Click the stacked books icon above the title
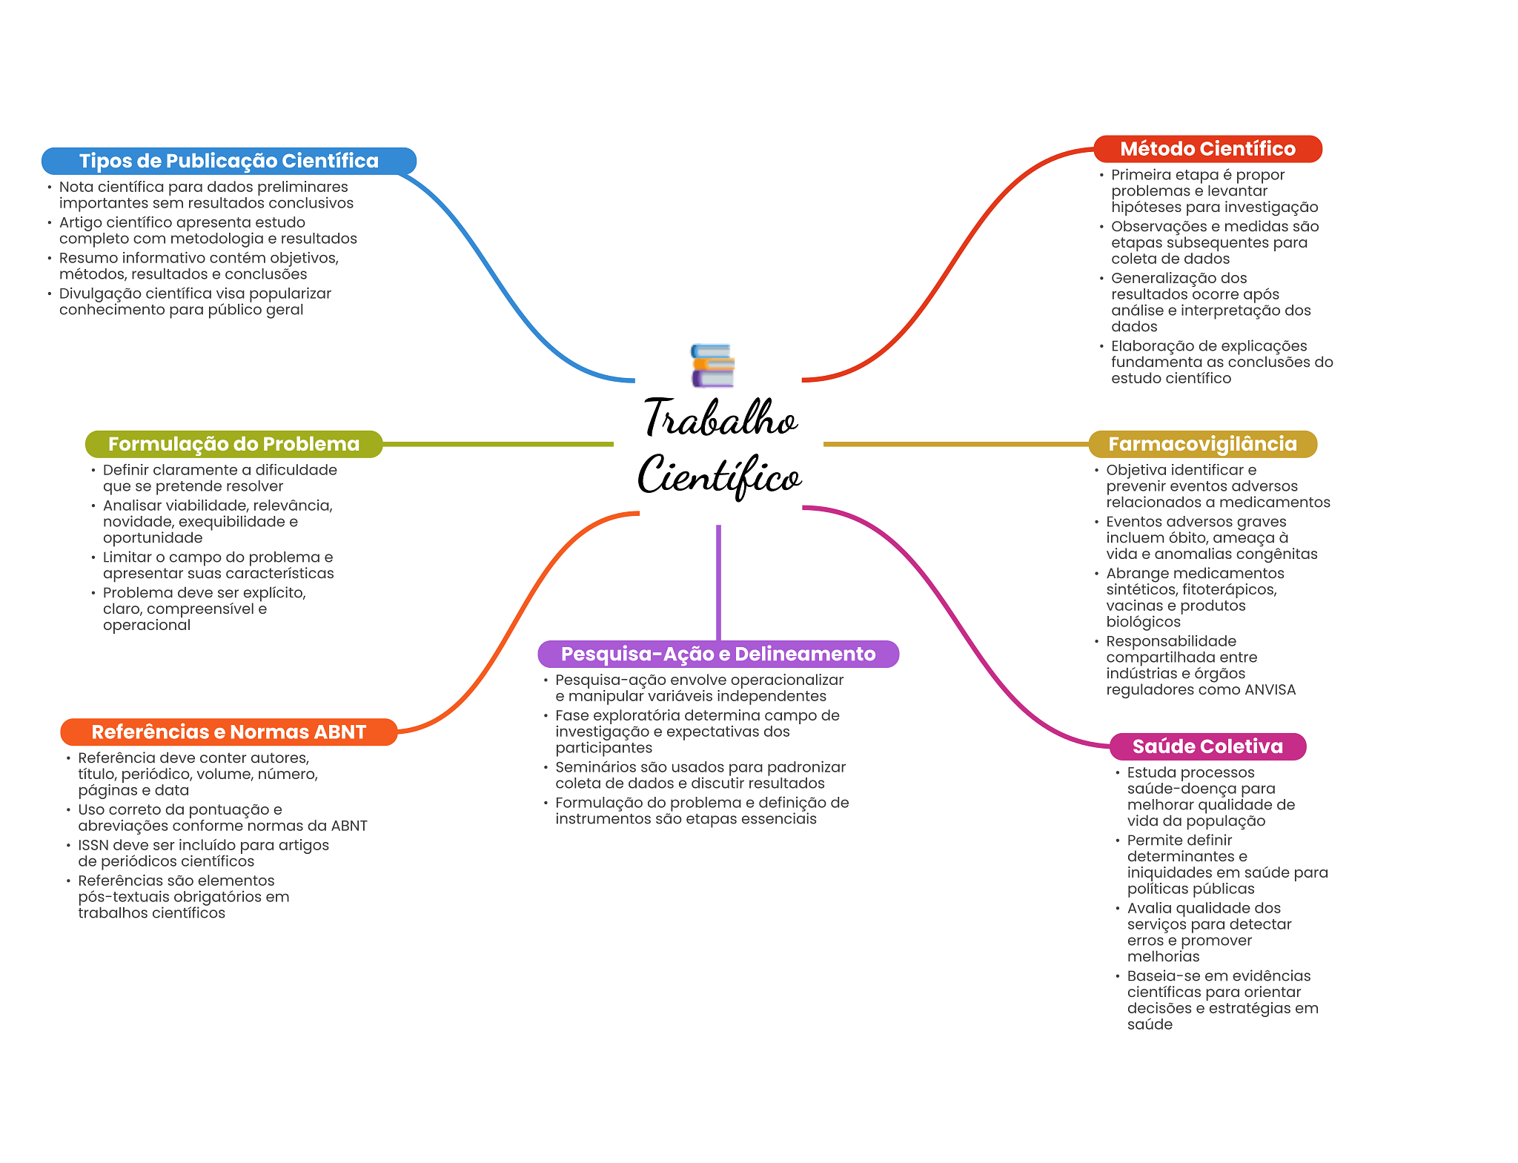coord(712,365)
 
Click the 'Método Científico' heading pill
coord(1207,149)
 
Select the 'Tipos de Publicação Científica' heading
coord(229,161)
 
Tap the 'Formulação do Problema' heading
coord(233,444)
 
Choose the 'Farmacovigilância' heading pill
coord(1202,444)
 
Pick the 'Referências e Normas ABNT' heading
coord(229,732)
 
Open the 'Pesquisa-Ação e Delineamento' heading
coord(718,654)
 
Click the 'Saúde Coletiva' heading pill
coord(1207,746)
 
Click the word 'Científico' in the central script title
coord(719,476)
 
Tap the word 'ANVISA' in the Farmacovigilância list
coord(1270,689)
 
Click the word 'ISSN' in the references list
coord(93,845)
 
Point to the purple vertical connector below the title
coord(718,583)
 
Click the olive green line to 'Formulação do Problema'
coord(497,444)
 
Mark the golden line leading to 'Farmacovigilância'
coord(956,444)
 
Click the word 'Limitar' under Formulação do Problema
coord(125,557)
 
